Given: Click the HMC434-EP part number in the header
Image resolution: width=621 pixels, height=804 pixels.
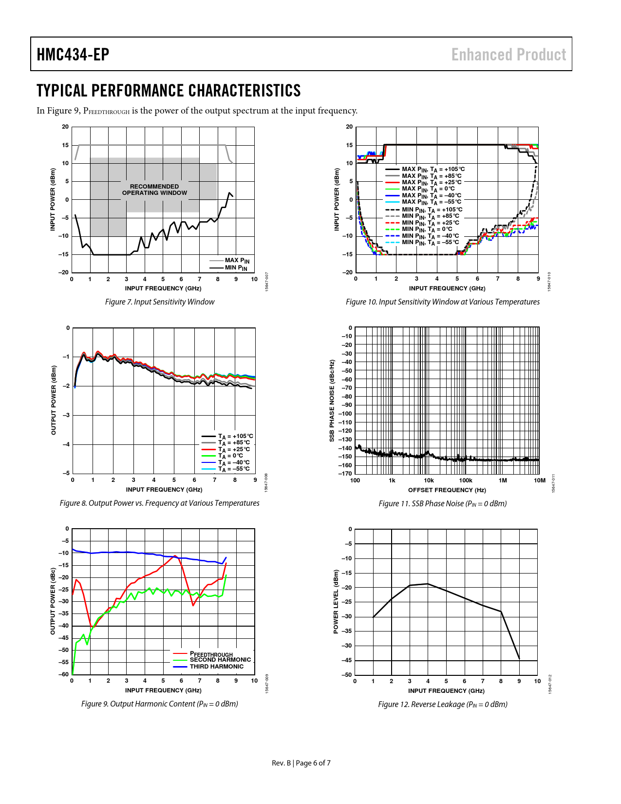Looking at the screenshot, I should click(73, 55).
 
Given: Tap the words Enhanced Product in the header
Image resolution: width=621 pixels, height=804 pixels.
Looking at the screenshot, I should click(508, 55).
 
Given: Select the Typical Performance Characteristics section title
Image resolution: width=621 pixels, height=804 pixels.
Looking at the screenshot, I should click(169, 91).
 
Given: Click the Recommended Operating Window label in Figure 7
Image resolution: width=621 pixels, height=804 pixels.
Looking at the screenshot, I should click(154, 190).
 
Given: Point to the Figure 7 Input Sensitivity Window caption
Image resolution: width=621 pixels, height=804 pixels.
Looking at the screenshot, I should click(160, 302).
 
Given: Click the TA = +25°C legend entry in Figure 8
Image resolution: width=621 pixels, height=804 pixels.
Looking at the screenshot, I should click(234, 449).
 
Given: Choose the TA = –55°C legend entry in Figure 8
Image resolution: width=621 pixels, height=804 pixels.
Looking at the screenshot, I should click(234, 469).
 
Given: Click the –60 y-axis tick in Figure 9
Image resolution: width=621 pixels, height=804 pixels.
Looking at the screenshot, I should click(64, 674).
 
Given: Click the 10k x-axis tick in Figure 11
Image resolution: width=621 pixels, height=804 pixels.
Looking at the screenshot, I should click(429, 480).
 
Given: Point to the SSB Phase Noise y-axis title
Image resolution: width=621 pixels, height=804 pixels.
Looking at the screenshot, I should click(332, 401).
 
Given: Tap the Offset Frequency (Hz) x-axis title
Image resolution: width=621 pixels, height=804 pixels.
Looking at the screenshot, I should click(447, 490).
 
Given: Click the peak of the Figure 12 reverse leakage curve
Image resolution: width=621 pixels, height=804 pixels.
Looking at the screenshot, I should click(428, 583).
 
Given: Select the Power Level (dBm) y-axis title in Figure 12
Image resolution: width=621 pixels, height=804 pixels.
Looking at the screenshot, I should click(336, 601).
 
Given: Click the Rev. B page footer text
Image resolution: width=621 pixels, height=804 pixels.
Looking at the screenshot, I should click(301, 763).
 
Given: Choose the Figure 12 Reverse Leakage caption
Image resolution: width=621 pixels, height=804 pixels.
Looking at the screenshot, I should click(442, 704).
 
